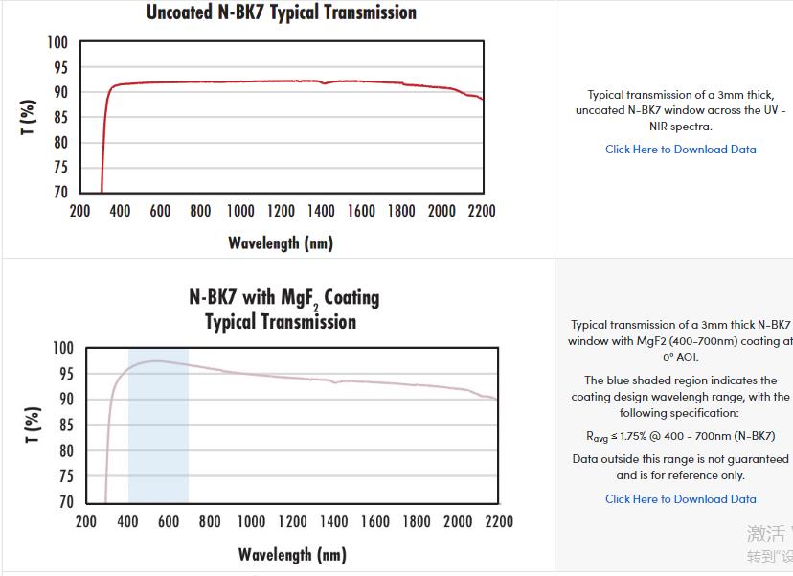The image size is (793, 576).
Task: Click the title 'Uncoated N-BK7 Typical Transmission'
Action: (x=281, y=12)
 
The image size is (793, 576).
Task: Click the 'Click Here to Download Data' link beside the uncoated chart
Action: (x=680, y=150)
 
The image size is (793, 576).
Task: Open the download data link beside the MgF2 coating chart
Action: (x=680, y=499)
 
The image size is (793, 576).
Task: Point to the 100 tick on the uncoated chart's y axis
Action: (x=57, y=42)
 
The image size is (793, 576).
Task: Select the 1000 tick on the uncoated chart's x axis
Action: (x=240, y=211)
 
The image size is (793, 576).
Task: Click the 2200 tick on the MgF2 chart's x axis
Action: (x=498, y=521)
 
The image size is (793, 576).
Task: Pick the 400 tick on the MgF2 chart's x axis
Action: (x=128, y=521)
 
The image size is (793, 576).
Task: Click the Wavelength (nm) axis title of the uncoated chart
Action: (x=281, y=242)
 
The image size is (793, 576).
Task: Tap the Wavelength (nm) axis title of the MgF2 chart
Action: (x=291, y=554)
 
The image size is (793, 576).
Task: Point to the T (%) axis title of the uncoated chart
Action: (x=29, y=117)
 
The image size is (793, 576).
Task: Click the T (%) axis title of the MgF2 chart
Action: (x=34, y=426)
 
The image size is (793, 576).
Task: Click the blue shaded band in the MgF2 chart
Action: (x=158, y=450)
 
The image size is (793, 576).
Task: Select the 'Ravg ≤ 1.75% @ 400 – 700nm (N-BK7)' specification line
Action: (x=680, y=436)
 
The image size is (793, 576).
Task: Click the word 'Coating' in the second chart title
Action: (x=351, y=297)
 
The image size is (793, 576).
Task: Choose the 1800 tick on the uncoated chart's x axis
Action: (x=401, y=211)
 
